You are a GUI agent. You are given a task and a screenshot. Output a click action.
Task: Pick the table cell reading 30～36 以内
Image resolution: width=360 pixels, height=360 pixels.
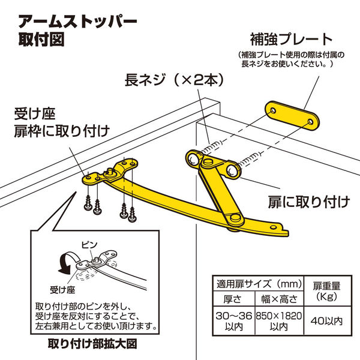pos(234,321)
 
